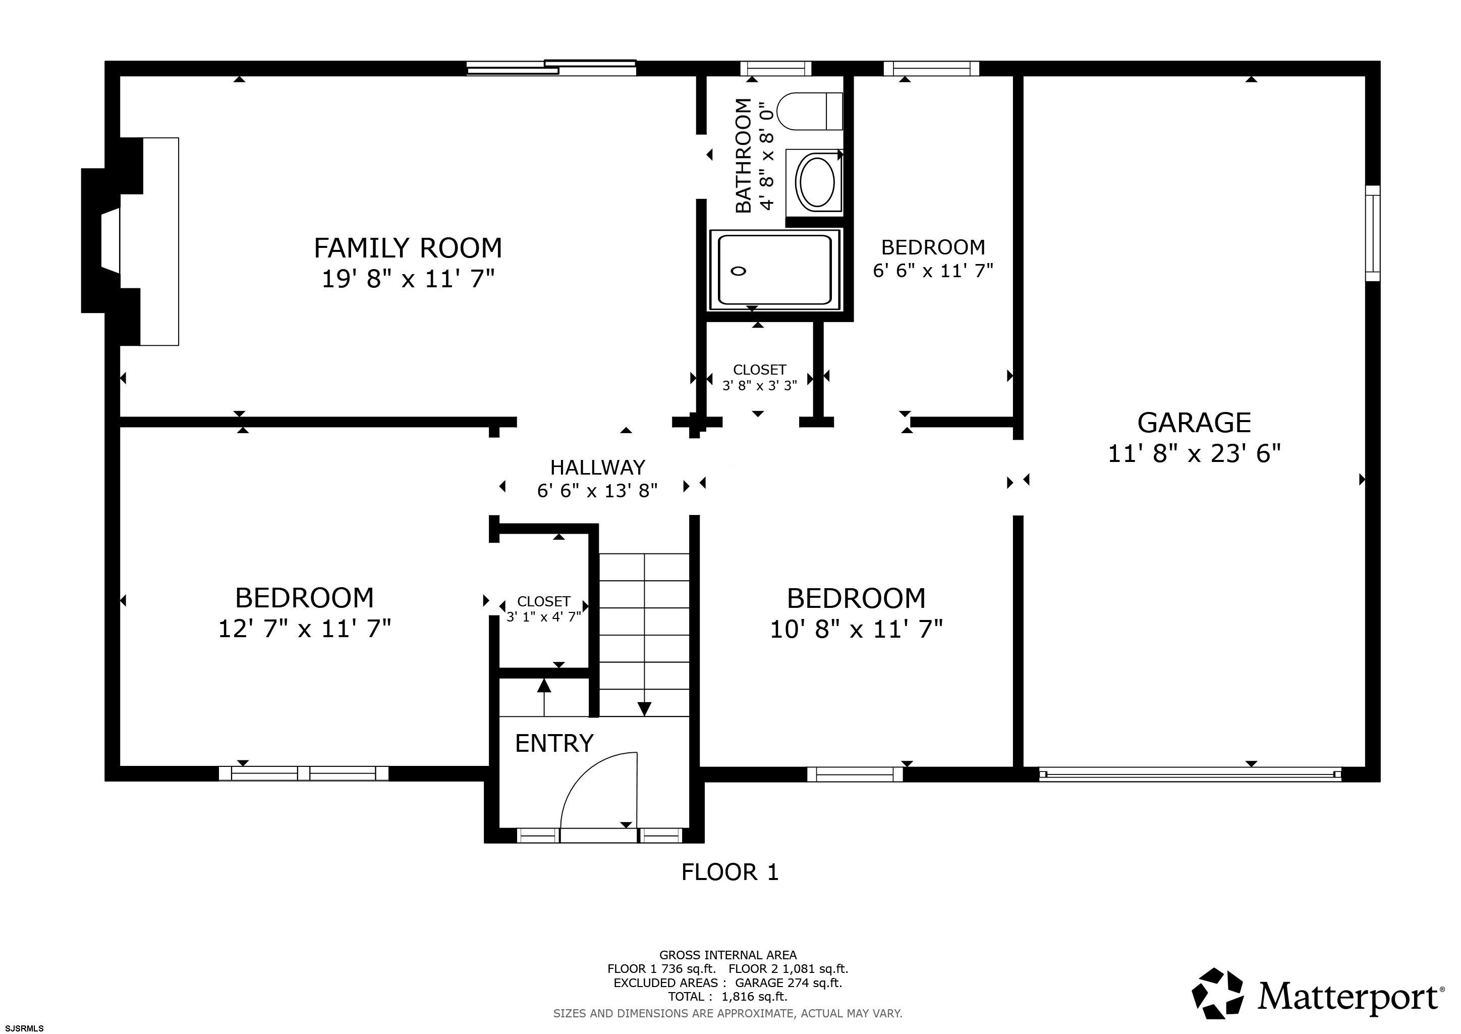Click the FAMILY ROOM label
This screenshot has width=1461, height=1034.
[408, 248]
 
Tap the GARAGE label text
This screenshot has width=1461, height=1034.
[1194, 423]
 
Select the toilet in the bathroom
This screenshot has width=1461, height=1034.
[810, 112]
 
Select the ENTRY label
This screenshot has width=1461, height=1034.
[553, 744]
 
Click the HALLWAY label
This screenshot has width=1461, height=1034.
[597, 468]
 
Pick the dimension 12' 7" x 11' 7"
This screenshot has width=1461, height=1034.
[305, 629]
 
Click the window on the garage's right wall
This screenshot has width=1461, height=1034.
[1373, 233]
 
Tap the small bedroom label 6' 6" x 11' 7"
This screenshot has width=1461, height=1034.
[933, 271]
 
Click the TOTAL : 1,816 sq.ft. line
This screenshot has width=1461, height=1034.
[727, 997]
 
